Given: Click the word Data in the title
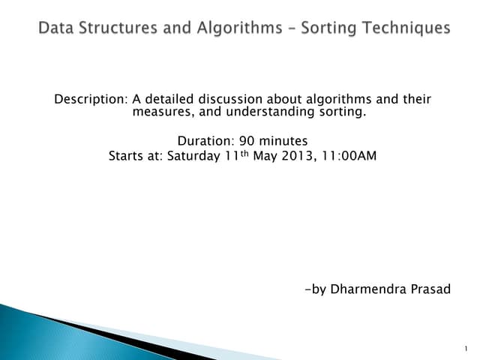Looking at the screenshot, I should tap(55, 28).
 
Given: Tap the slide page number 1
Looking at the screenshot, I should tap(466, 349).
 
